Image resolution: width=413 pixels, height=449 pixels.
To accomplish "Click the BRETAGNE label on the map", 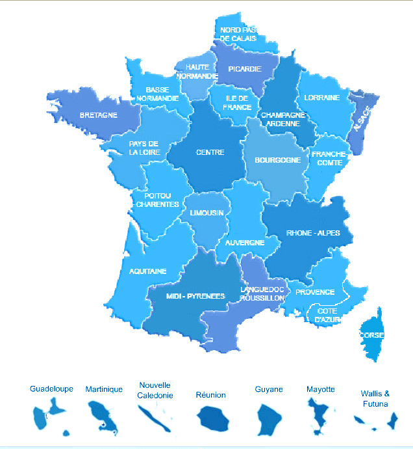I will click(99, 115).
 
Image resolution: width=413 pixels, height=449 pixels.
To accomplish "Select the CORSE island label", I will click(372, 335).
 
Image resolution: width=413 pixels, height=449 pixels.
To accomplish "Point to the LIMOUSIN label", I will click(206, 213).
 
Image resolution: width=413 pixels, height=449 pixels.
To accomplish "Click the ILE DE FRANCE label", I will click(238, 103).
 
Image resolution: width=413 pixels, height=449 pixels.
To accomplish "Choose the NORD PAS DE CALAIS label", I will click(238, 34).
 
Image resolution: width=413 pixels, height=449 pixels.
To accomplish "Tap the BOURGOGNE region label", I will click(277, 159).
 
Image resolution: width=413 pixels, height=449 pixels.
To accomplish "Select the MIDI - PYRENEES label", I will click(195, 296).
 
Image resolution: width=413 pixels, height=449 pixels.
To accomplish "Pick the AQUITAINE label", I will click(148, 271).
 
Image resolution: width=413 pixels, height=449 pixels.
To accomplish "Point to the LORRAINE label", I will click(323, 98).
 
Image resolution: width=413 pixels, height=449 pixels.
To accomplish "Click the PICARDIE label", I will click(245, 69).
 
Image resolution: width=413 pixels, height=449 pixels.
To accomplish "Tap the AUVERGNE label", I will click(245, 243).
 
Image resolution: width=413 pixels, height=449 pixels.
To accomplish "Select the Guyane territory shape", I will click(268, 419).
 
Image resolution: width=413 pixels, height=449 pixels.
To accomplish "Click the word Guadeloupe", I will click(51, 388).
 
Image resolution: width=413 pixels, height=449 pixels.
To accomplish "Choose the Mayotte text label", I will click(320, 389).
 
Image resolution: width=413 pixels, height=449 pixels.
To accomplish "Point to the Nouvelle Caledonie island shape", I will click(155, 418).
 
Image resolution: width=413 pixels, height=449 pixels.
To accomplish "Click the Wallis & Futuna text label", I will click(375, 399).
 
